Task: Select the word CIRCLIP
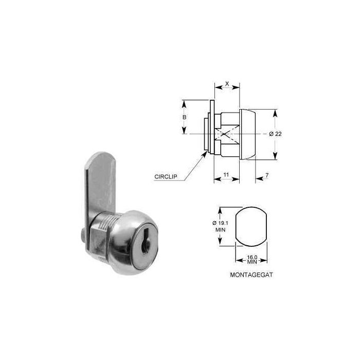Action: pyautogui.click(x=166, y=176)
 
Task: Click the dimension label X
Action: pyautogui.click(x=227, y=82)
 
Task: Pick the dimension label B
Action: pyautogui.click(x=184, y=117)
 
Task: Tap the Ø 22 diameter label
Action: pyautogui.click(x=276, y=134)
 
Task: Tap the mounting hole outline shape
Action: pyautogui.click(x=250, y=227)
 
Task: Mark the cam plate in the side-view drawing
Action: pyautogui.click(x=211, y=126)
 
